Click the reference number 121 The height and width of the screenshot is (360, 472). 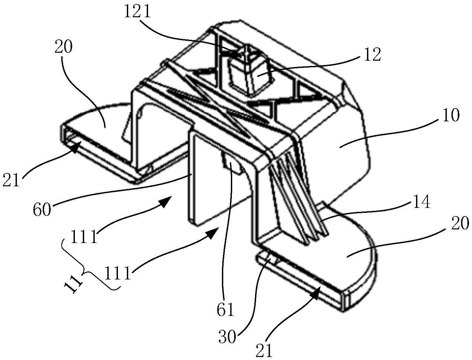(137, 12)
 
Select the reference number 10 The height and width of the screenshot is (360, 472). (450, 116)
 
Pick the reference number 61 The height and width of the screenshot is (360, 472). (226, 310)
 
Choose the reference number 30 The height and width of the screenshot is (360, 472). (227, 337)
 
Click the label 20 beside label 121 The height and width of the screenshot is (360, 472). (63, 47)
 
